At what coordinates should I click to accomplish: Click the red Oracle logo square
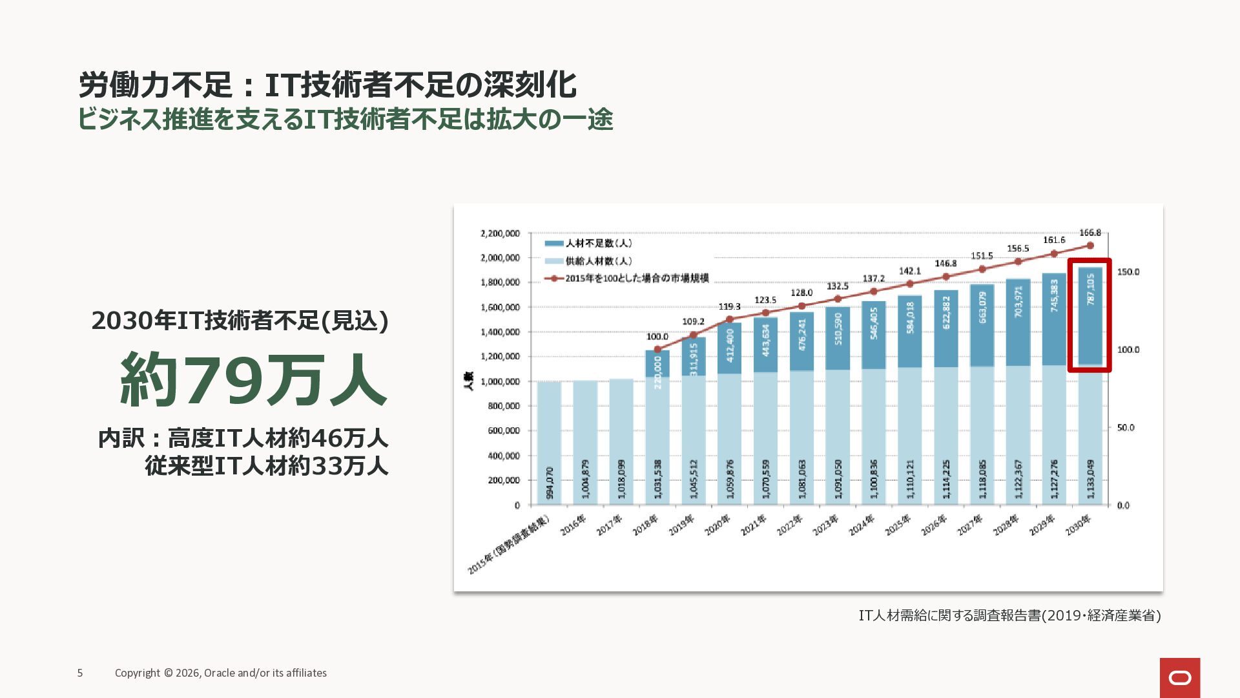(1179, 677)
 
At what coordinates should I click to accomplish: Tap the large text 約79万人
(253, 380)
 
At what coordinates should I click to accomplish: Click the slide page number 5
(80, 673)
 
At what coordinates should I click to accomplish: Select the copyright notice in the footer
(221, 673)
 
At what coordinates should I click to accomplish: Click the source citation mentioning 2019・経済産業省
(1009, 615)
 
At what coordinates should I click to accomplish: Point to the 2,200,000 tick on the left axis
(500, 233)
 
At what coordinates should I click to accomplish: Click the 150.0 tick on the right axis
(1128, 272)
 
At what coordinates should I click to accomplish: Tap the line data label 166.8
(1090, 233)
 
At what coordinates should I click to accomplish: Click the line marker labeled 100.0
(657, 349)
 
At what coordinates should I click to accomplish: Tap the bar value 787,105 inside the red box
(1090, 290)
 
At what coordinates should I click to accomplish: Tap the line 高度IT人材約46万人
(278, 438)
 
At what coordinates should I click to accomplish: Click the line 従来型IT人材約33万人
(266, 465)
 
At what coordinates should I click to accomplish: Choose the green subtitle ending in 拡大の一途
(345, 120)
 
